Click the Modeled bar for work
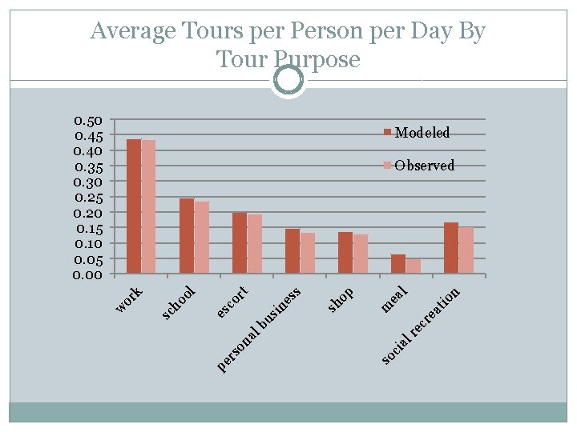[x=134, y=206]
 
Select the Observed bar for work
[x=149, y=206]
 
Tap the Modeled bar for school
[x=187, y=236]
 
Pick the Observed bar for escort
[x=255, y=244]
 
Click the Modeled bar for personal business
[x=293, y=251]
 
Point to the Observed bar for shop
[x=361, y=254]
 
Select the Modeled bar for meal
[x=398, y=264]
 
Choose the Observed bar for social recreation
[x=466, y=250]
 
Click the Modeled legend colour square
[x=387, y=132]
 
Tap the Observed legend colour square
[x=387, y=166]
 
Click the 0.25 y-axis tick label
[x=88, y=198]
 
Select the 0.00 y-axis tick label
[x=87, y=274]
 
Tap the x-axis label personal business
[x=259, y=329]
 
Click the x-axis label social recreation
[x=421, y=326]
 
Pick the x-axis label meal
[x=394, y=299]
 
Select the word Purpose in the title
[x=317, y=60]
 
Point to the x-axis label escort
[x=232, y=302]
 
